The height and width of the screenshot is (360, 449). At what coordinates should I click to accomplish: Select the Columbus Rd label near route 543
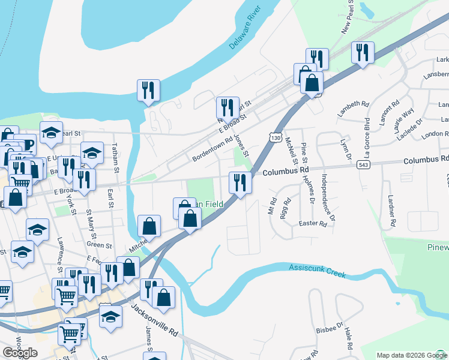(x=426, y=160)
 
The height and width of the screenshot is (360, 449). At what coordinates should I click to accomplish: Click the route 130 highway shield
(x=276, y=138)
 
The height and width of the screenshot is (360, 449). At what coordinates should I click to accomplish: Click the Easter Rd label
(x=313, y=224)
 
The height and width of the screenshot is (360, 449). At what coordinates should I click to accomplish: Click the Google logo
(x=20, y=352)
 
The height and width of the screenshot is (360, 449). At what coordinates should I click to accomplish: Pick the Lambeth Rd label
(x=353, y=108)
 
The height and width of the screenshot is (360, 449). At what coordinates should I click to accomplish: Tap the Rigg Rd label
(x=285, y=208)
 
